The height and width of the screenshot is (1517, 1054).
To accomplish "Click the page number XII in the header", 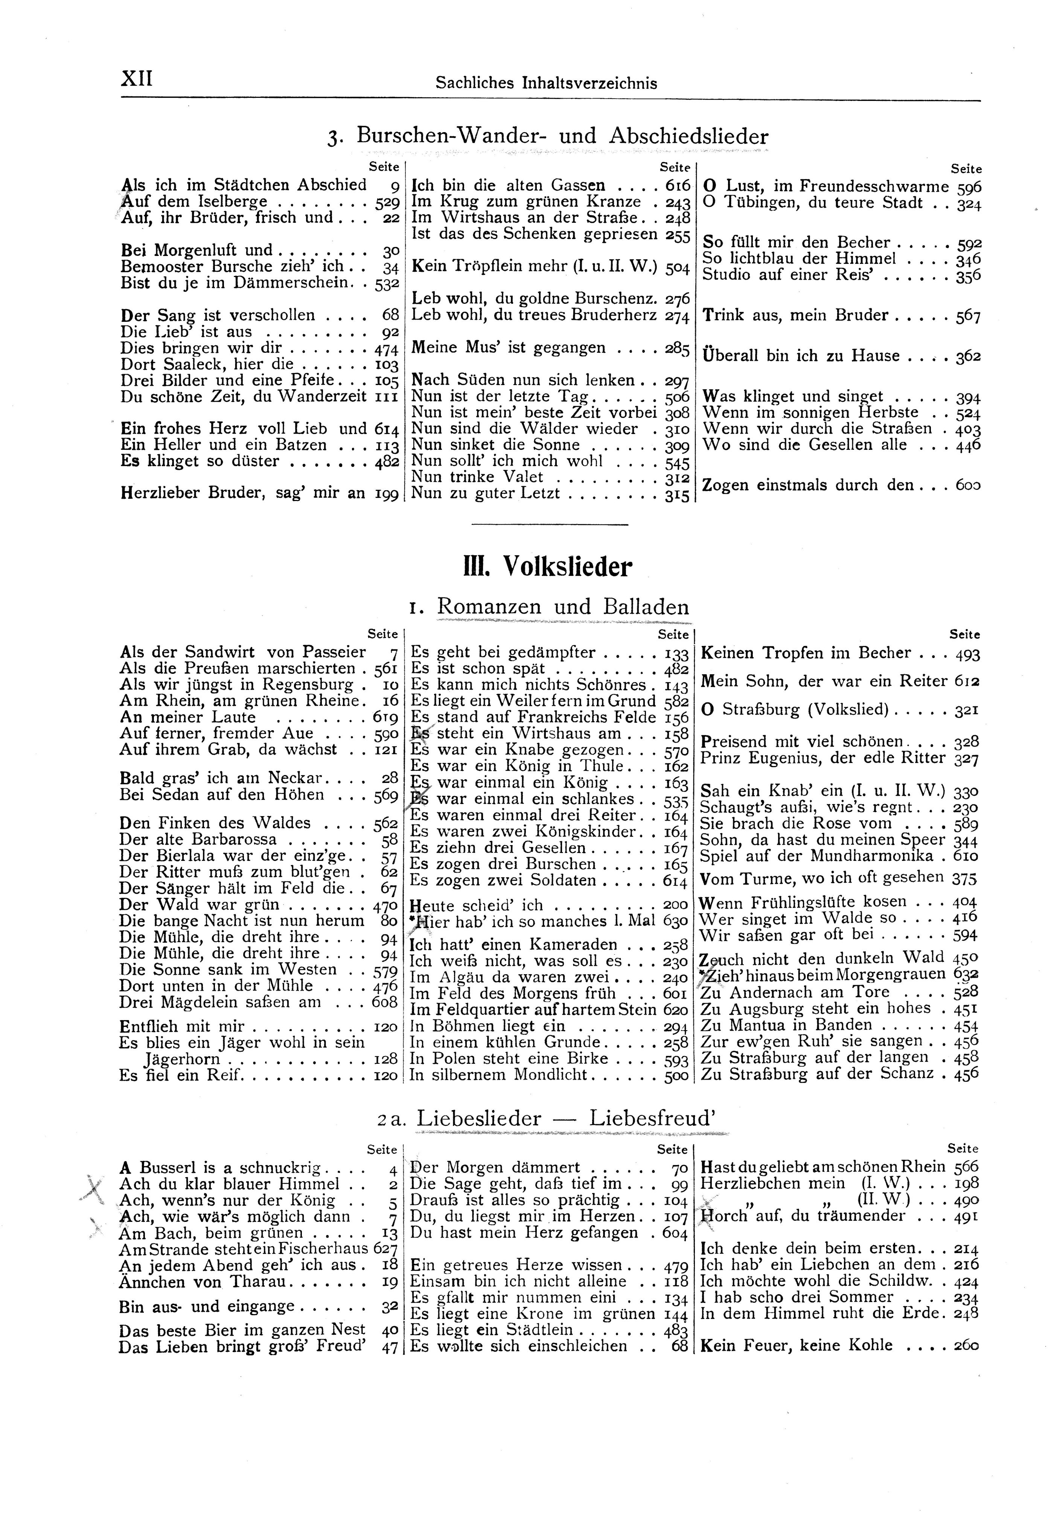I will (x=137, y=80).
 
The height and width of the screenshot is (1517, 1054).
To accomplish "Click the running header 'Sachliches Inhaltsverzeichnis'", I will (x=546, y=83).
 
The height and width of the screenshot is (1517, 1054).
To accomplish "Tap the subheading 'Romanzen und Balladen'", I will (x=563, y=606).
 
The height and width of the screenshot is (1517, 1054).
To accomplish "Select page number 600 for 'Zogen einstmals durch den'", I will (x=968, y=486).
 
